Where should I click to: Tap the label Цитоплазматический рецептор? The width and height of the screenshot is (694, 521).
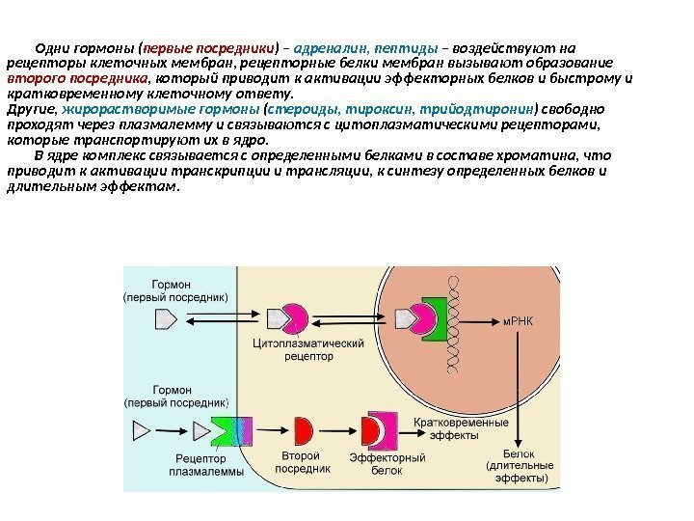click(292, 348)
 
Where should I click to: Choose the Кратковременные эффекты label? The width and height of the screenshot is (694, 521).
click(460, 428)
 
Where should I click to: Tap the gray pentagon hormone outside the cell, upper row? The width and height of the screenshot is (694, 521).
click(166, 315)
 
